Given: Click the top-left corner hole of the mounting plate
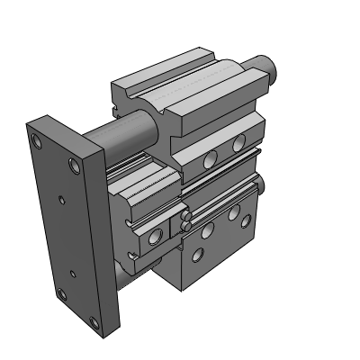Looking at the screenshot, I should tap(36, 141).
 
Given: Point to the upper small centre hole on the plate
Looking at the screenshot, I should tap(60, 200).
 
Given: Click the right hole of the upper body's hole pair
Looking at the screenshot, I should tap(238, 142).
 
